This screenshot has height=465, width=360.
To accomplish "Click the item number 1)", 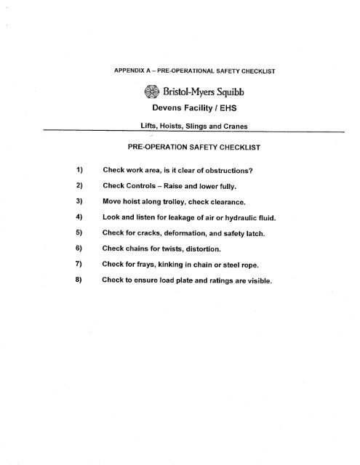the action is pyautogui.click(x=81, y=170).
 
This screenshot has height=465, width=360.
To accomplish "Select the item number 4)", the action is pyautogui.click(x=81, y=217).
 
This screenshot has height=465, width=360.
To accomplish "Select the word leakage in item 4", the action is pyautogui.click(x=181, y=217).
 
